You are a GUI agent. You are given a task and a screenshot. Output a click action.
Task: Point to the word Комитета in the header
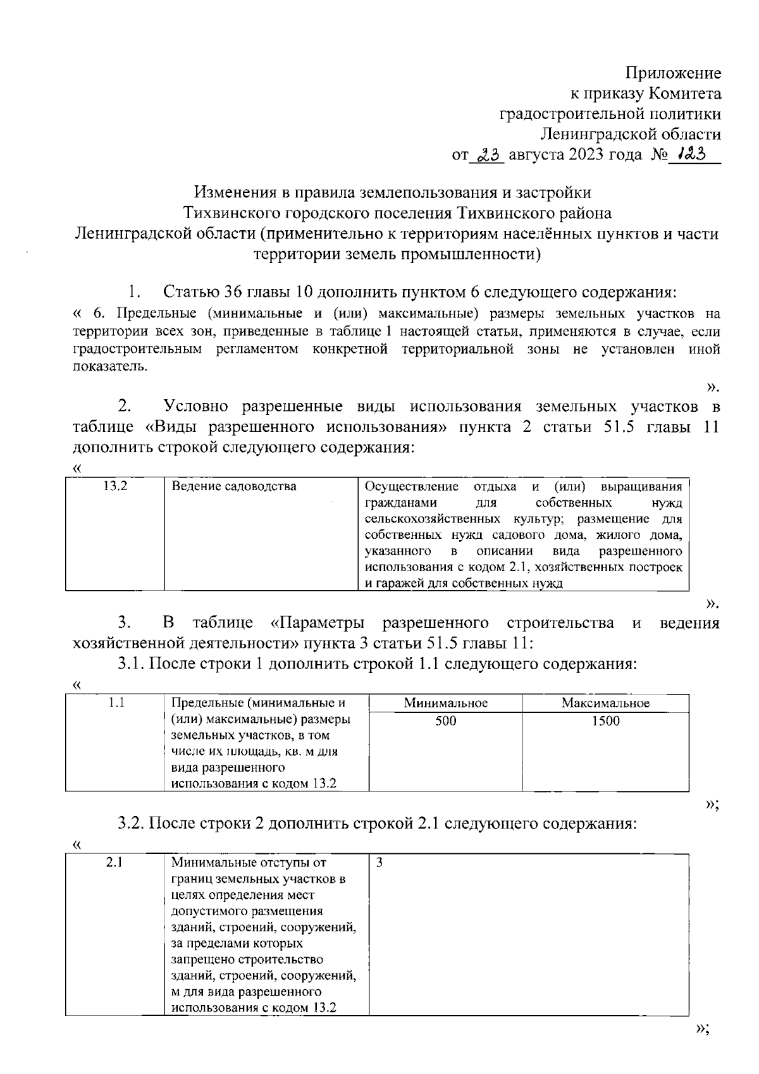point(684,94)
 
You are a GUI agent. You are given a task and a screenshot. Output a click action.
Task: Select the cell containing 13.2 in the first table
point(115,486)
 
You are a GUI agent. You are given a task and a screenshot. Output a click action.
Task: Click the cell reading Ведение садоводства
point(234,486)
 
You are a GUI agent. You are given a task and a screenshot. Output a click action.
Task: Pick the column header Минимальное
point(446,703)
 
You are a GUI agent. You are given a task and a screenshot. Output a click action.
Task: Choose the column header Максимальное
point(605,703)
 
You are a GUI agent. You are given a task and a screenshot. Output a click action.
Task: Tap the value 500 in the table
point(446,721)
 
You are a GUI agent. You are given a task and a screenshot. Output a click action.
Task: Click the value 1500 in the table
point(605,721)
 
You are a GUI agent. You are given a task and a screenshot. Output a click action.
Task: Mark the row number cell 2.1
point(114,863)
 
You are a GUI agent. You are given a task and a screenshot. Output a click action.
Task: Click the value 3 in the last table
point(379,863)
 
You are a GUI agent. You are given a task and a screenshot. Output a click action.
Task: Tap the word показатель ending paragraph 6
point(109,367)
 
